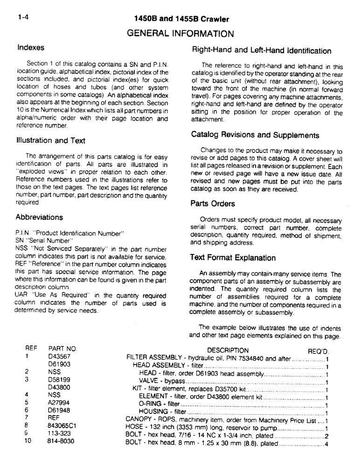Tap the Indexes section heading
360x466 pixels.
31,48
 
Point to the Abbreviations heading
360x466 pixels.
39,217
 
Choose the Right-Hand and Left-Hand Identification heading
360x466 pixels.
262,51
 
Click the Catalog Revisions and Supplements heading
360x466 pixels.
255,135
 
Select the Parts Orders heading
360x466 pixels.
212,204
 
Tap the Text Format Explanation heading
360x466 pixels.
233,258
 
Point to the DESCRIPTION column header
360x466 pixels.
228,350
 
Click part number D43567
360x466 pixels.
59,358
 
